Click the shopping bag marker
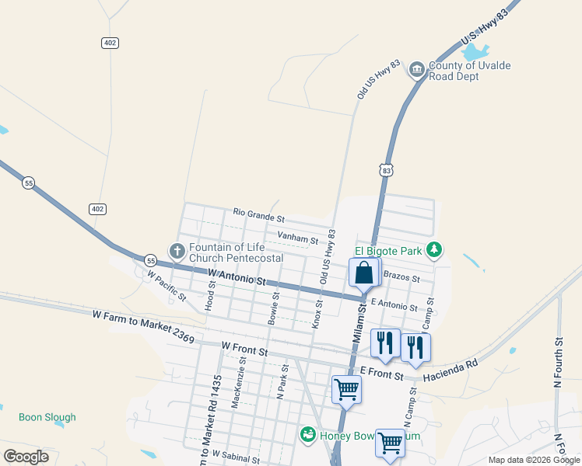coord(363,273)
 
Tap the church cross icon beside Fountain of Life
coord(177,251)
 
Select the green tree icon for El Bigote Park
coord(436,250)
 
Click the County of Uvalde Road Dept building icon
coord(416,71)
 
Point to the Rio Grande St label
coord(259,213)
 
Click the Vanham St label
coord(298,238)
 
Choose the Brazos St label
coord(402,277)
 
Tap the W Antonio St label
coord(238,275)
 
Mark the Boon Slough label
coord(47,417)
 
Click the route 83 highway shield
coord(387,169)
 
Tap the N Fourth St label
coord(558,362)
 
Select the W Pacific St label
coord(167,286)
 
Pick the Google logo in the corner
coord(26,456)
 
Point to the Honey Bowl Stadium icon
coord(308,435)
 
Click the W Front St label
coord(244,347)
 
